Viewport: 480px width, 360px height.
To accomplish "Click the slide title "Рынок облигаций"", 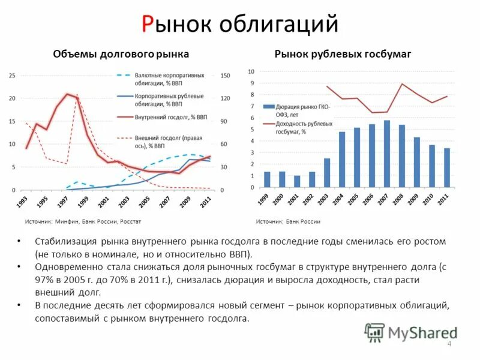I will (240, 24).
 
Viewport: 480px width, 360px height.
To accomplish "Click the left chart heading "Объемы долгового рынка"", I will (121, 54).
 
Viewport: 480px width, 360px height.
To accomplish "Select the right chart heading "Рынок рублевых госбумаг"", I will (343, 54).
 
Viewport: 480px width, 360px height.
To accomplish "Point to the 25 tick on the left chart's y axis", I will (12, 76).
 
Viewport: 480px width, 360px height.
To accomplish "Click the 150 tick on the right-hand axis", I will (225, 76).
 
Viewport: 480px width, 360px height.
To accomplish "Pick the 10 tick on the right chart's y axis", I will (251, 71).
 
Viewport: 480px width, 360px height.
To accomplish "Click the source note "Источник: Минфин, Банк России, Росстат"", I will (83, 221).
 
